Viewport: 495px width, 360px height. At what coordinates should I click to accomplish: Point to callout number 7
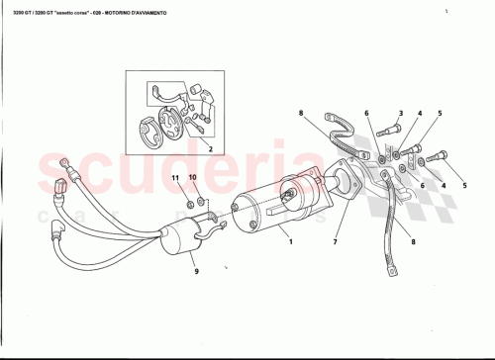coord(335,241)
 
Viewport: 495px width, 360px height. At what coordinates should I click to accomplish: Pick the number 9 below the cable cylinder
coord(195,271)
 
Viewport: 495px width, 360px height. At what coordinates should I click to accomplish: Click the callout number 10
coord(193,179)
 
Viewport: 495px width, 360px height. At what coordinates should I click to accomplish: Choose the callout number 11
coord(176,179)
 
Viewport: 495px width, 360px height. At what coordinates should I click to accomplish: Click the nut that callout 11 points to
coord(190,205)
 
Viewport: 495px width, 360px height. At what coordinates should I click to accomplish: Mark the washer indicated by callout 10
coord(201,203)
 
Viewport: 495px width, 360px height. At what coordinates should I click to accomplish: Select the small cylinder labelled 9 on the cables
coord(177,239)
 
